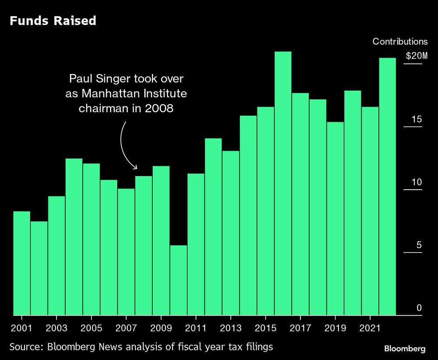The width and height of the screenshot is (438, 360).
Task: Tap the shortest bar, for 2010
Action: point(179,280)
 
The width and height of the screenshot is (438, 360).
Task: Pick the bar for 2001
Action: point(22,263)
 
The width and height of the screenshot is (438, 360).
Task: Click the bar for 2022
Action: point(387,186)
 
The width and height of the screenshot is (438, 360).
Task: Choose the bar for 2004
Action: point(74,236)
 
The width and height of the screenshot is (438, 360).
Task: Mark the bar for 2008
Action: point(144,245)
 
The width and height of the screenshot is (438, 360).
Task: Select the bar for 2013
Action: point(231,233)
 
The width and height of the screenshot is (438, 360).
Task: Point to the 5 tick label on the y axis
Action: point(419,245)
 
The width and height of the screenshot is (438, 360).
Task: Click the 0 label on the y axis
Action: point(419,308)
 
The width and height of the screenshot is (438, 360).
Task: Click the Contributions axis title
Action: point(399,42)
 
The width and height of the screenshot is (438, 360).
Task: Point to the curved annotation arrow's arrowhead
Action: point(136,168)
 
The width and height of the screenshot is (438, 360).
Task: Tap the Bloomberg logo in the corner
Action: point(405,349)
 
